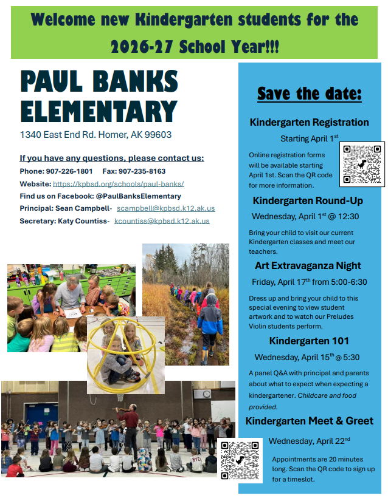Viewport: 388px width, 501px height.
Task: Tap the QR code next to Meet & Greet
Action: click(x=240, y=460)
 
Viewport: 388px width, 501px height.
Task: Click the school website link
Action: click(x=119, y=183)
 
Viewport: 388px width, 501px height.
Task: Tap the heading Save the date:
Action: click(x=309, y=94)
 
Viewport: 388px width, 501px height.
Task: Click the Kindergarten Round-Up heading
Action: click(x=309, y=200)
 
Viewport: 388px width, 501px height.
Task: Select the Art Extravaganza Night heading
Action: click(x=308, y=265)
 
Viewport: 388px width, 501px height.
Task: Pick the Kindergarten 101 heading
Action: click(x=308, y=340)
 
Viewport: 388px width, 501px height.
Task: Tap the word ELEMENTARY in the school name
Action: click(x=99, y=111)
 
